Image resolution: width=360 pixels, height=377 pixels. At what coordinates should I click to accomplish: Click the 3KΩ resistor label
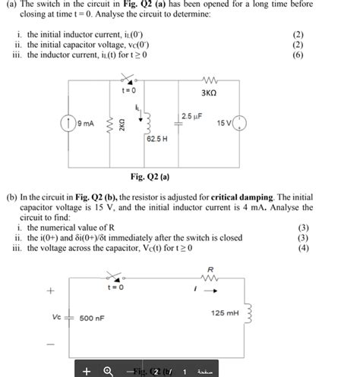coord(209,93)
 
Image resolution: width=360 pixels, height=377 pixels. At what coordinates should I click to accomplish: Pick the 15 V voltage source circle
coord(239,123)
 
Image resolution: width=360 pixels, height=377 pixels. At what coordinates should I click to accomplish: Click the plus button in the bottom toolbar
coord(88,370)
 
